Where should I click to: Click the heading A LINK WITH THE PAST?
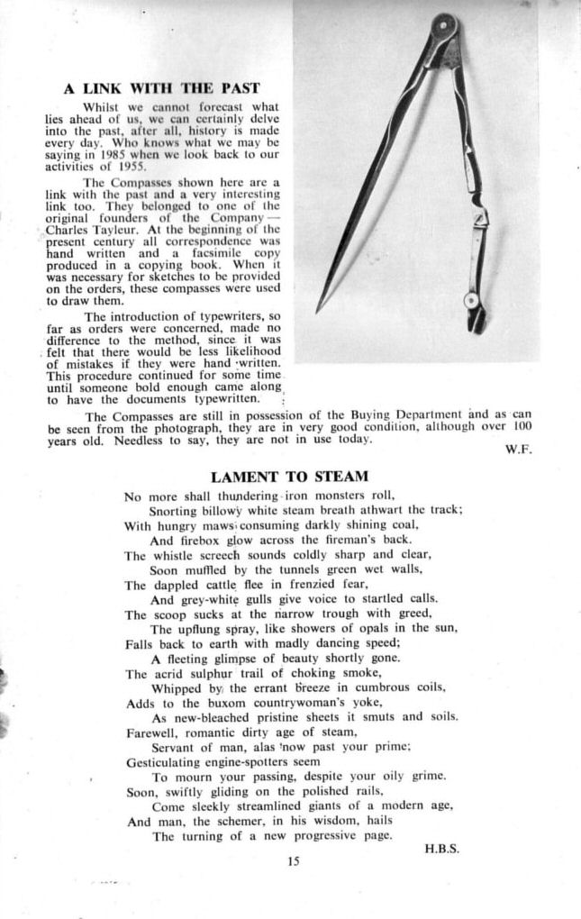click(x=162, y=88)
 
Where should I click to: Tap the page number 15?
click(x=293, y=861)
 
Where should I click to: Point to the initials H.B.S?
click(x=442, y=847)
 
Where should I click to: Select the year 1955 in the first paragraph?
click(x=132, y=166)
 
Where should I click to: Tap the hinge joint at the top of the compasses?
click(x=443, y=25)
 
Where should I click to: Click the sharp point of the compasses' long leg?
click(x=318, y=311)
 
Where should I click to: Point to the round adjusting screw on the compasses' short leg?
click(x=469, y=299)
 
